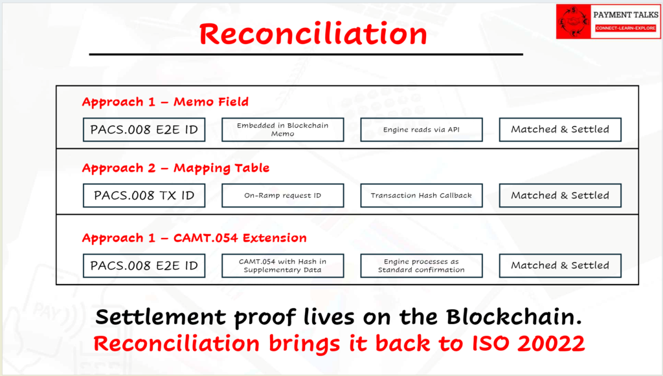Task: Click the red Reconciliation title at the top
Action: (x=313, y=34)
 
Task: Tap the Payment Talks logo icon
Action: (x=574, y=21)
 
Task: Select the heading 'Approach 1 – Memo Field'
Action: (x=165, y=102)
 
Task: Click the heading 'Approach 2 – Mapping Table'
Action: (x=175, y=168)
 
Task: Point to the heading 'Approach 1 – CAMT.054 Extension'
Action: (x=194, y=238)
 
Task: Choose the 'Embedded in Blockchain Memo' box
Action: (x=283, y=130)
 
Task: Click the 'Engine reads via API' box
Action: (x=421, y=130)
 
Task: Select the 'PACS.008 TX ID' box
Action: (x=144, y=196)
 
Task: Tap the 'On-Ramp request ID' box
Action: (x=283, y=196)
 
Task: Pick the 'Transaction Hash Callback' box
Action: (x=421, y=196)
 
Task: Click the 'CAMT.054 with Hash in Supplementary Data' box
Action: (x=283, y=266)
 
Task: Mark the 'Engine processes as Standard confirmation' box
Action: (x=421, y=266)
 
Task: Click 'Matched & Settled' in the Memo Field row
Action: (x=560, y=130)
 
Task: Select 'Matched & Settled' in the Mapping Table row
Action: (x=560, y=196)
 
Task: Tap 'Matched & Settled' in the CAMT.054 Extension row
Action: (x=560, y=266)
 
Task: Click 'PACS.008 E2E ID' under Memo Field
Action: (x=144, y=130)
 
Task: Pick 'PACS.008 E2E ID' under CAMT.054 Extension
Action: (x=144, y=266)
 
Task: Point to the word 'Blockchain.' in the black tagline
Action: (x=514, y=317)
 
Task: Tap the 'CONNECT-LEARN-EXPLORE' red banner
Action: (x=625, y=29)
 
